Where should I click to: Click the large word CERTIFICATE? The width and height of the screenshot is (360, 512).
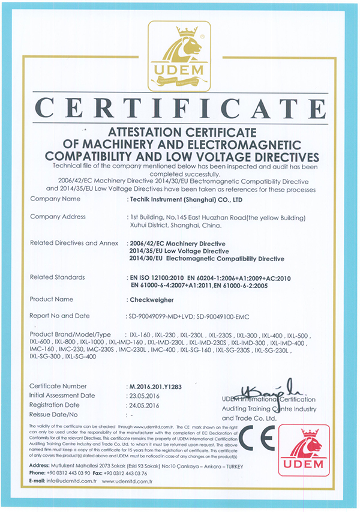coord(179,110)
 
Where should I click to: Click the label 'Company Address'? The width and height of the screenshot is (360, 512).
coord(58,217)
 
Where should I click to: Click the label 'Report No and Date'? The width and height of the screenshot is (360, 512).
coord(59,316)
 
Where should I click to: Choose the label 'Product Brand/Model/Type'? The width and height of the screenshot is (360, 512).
coord(71,333)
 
